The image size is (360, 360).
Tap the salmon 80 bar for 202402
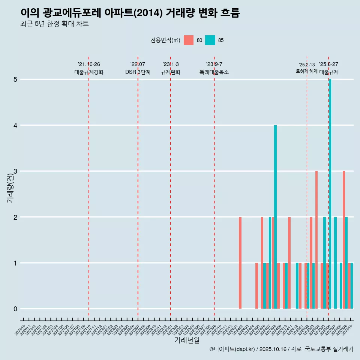point(240,262)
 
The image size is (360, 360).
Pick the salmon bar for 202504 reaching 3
point(316,240)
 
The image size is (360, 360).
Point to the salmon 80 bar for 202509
point(344,240)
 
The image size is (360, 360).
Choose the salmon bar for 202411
point(289,262)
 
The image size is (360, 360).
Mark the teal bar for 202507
point(336,262)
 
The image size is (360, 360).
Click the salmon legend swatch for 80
point(189,40)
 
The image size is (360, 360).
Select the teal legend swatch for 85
point(210,40)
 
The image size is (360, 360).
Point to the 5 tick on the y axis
point(15,79)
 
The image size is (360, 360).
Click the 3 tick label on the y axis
point(15,171)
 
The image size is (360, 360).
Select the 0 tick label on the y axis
point(15,309)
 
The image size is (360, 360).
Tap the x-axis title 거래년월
point(187,340)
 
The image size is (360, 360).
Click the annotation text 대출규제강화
point(88,72)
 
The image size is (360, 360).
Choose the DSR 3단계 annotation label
point(138,72)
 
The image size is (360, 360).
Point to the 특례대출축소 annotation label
point(214,72)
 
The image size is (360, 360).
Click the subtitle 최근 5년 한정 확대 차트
point(55,24)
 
